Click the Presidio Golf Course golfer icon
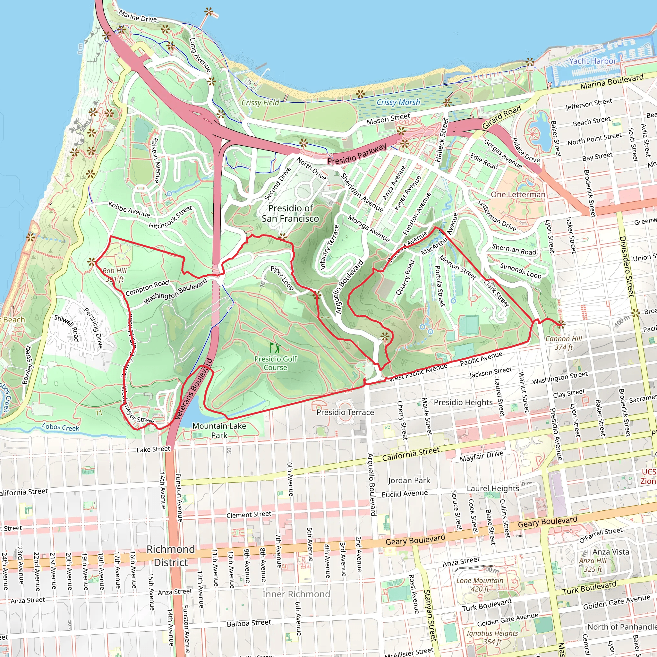pyautogui.click(x=275, y=347)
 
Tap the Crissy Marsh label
pyautogui.click(x=398, y=102)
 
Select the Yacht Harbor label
pyautogui.click(x=593, y=61)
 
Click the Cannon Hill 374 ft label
pyautogui.click(x=563, y=343)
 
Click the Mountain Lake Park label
pyautogui.click(x=219, y=431)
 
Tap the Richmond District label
pyautogui.click(x=171, y=556)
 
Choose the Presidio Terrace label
pyautogui.click(x=345, y=412)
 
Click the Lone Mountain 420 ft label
pyautogui.click(x=480, y=584)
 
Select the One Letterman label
pyautogui.click(x=517, y=194)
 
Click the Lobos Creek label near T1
pyautogui.click(x=61, y=427)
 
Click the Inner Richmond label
pyautogui.click(x=296, y=594)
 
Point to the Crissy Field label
pyautogui.click(x=260, y=103)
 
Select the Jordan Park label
pyautogui.click(x=409, y=481)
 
